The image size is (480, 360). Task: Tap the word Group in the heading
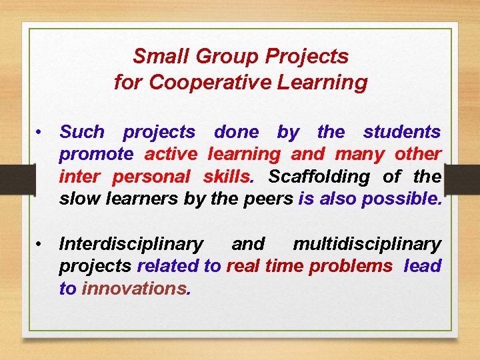(x=218, y=56)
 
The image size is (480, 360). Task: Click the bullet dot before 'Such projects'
(x=41, y=132)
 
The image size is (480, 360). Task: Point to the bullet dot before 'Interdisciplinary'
(x=41, y=244)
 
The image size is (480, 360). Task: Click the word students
(x=402, y=132)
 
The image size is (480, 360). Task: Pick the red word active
(x=171, y=155)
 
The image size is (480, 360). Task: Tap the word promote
(x=97, y=155)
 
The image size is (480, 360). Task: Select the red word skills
(x=227, y=177)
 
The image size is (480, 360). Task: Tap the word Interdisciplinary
(x=131, y=244)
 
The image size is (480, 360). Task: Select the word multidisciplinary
(x=367, y=244)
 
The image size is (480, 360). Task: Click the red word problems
(x=351, y=266)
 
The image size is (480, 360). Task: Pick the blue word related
(x=168, y=266)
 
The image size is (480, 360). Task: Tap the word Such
(x=82, y=132)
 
